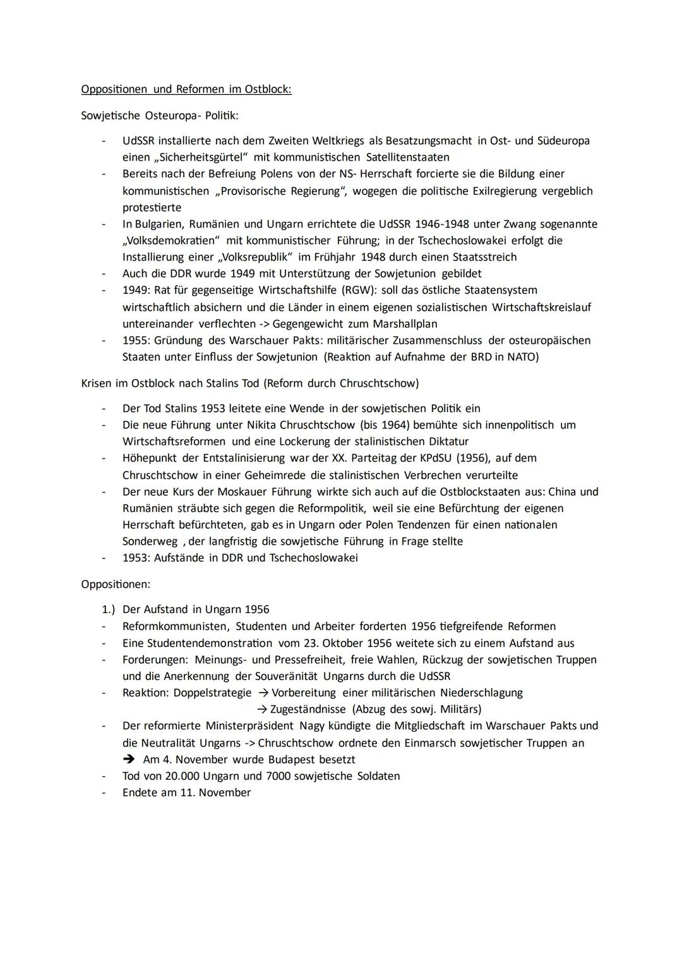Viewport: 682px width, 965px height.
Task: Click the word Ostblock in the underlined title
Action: [266, 89]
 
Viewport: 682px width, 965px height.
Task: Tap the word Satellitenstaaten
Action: [407, 157]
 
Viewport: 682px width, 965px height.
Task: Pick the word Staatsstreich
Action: [484, 257]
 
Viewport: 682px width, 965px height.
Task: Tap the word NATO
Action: [521, 357]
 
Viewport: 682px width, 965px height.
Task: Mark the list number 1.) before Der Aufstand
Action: [109, 609]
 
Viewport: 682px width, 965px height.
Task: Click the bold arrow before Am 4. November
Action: [130, 760]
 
